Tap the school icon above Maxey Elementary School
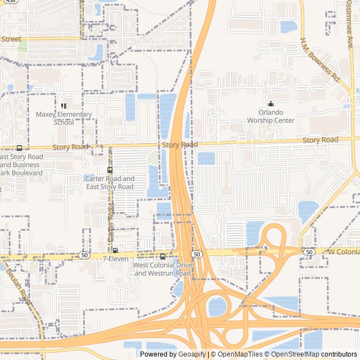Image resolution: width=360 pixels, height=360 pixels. point(64,106)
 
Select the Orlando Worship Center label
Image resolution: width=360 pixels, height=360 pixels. point(272,116)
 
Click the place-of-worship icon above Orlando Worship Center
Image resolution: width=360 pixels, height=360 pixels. point(271,103)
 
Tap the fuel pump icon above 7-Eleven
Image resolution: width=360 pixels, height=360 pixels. point(115,250)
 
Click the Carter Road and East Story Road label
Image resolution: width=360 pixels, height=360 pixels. point(110,182)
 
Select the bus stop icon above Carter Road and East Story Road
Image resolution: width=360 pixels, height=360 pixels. point(110,170)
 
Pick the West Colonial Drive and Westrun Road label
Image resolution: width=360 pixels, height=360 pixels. point(163,269)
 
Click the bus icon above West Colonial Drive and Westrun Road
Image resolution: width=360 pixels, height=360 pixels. point(163,256)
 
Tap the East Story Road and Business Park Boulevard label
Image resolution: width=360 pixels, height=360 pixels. point(21,164)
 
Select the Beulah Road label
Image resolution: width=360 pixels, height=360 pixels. point(17,286)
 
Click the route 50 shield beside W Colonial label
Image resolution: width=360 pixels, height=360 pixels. point(309,252)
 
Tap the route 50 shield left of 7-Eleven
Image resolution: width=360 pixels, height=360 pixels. point(84,255)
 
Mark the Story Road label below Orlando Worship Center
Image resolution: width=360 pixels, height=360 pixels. point(320,139)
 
